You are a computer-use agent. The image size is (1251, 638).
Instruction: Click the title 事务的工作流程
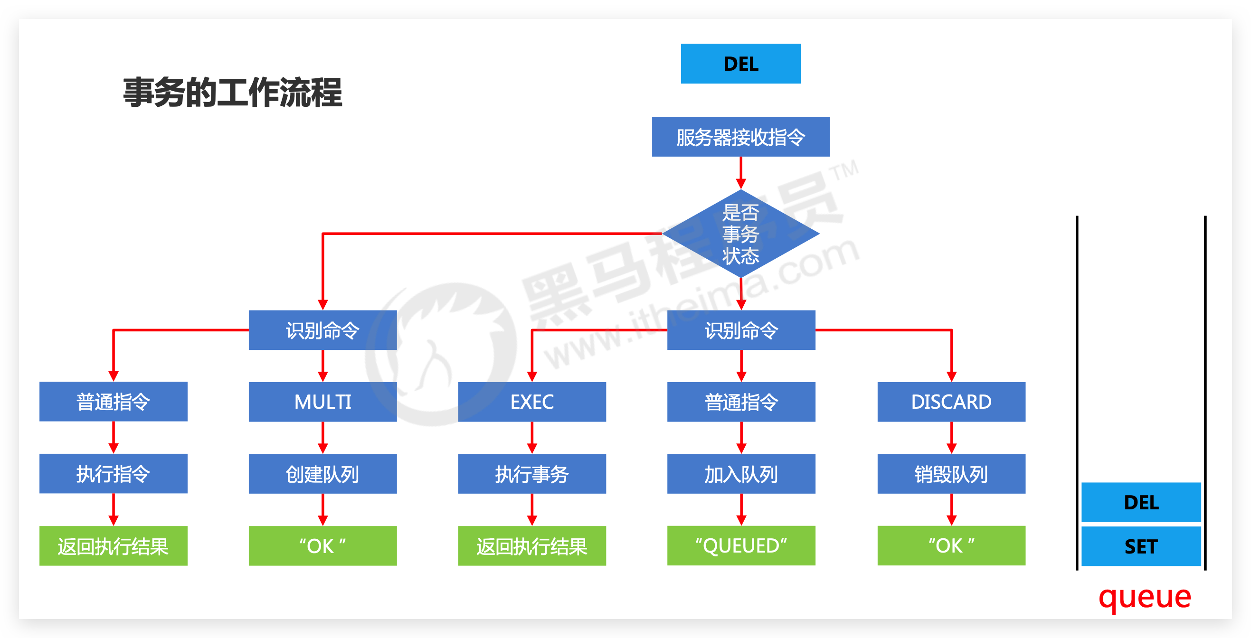[x=233, y=92]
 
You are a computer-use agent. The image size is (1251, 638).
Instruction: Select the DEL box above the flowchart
[x=740, y=64]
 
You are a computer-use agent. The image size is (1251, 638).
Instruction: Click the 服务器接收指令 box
[x=740, y=137]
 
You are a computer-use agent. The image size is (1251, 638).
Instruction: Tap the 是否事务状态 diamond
[x=740, y=234]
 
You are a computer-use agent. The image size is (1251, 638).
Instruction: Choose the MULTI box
[x=322, y=402]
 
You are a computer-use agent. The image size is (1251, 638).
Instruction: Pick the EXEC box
[x=532, y=402]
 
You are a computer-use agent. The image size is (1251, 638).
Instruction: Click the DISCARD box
[x=951, y=402]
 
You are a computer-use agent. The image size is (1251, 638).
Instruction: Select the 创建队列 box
[x=322, y=473]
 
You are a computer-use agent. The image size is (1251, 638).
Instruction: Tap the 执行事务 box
[x=532, y=473]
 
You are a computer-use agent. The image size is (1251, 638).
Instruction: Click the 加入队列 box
[x=740, y=473]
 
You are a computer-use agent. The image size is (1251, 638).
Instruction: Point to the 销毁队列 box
[x=951, y=473]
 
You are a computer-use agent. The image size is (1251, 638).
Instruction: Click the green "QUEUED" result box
[x=740, y=545]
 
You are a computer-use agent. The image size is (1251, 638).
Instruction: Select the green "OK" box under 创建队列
[x=322, y=545]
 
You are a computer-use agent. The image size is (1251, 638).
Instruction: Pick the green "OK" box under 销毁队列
[x=951, y=545]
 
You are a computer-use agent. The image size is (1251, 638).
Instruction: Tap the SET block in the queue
[x=1141, y=546]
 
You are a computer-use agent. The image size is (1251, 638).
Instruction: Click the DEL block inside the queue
[x=1141, y=502]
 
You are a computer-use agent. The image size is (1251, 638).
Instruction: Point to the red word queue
[x=1145, y=597]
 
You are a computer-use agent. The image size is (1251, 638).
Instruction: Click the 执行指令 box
[x=113, y=473]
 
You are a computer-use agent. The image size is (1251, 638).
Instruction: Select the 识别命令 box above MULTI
[x=322, y=330]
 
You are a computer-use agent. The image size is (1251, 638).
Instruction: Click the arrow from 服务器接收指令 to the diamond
[x=740, y=172]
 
